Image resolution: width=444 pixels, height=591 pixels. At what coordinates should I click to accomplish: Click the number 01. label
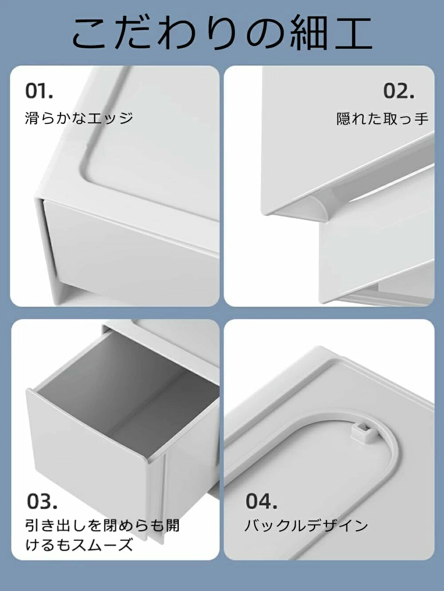pos(39,91)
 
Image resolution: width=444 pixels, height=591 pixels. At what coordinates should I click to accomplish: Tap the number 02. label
pos(399,91)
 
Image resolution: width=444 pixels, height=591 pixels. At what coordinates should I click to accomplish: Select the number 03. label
pos(42,501)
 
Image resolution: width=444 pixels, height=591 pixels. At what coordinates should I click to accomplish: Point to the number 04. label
pos(261,501)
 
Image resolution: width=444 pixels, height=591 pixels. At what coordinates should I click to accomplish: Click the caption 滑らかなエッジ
pos(79,118)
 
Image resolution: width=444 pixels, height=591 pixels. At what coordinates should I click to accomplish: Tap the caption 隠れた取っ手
pos(383,118)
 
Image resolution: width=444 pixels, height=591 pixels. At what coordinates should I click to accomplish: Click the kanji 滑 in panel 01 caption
pos(32,118)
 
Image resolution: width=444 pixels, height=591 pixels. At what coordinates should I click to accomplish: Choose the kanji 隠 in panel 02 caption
pos(344,118)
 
